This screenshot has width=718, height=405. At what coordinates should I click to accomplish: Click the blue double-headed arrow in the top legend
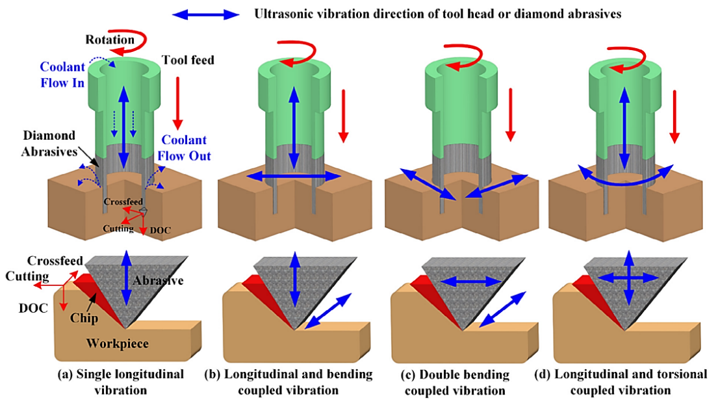click(x=205, y=15)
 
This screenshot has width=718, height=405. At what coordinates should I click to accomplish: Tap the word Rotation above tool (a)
click(x=110, y=40)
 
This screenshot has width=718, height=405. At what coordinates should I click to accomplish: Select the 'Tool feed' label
click(x=188, y=60)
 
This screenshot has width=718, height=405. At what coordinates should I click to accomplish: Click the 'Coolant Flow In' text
click(x=62, y=75)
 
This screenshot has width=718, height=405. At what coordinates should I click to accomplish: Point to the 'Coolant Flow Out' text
click(x=184, y=148)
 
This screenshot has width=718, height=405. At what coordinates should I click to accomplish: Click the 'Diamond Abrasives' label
click(x=49, y=144)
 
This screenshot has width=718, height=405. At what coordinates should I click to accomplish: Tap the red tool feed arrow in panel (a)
click(x=177, y=103)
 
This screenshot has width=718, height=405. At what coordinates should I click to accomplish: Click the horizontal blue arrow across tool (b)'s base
click(x=294, y=176)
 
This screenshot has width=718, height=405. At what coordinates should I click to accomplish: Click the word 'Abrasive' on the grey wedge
click(x=159, y=280)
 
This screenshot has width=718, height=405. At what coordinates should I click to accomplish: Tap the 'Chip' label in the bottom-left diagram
click(x=84, y=318)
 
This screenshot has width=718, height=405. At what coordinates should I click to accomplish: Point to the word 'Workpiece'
click(x=117, y=344)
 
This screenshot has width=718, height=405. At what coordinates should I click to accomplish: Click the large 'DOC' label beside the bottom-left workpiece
click(x=33, y=308)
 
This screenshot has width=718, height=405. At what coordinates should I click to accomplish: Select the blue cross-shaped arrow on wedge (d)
click(x=629, y=278)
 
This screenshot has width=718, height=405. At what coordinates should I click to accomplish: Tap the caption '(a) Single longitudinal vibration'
click(x=121, y=382)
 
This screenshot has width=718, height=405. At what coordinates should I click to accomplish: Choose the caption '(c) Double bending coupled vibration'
click(x=455, y=382)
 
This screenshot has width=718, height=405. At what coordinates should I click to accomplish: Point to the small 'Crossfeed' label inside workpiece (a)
click(x=123, y=202)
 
